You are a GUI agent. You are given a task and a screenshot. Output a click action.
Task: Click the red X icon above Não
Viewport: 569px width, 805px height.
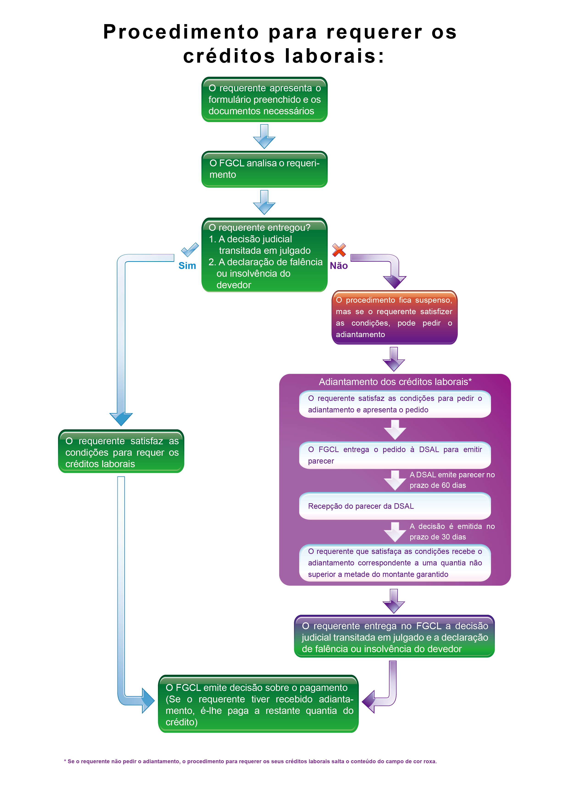(339, 250)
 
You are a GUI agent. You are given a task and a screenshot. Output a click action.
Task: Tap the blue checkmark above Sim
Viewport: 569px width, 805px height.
(190, 250)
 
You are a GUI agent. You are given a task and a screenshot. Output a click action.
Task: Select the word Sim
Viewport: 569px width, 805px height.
(187, 266)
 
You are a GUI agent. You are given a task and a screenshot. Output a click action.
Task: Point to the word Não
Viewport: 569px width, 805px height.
(339, 266)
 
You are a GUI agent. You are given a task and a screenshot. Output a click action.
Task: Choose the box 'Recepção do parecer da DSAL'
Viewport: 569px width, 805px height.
(395, 506)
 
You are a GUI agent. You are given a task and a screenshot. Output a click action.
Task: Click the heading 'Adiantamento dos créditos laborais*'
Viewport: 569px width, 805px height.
(395, 382)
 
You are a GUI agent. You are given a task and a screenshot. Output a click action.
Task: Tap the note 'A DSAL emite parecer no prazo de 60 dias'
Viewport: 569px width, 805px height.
(452, 480)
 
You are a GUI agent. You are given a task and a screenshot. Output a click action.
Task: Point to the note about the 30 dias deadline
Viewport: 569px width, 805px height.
(452, 531)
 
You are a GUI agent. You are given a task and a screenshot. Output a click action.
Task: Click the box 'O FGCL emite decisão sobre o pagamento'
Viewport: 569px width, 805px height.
(258, 704)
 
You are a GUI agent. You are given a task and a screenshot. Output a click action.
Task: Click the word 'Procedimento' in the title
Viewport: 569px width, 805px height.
(181, 32)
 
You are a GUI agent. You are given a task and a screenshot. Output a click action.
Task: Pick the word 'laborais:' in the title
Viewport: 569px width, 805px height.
(335, 56)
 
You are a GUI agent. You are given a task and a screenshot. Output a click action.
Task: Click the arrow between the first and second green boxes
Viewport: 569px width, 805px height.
(264, 136)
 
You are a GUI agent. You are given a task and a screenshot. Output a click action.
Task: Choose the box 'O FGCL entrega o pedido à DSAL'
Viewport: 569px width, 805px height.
(395, 455)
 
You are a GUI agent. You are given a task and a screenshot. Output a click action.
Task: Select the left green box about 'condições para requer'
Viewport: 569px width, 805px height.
(121, 451)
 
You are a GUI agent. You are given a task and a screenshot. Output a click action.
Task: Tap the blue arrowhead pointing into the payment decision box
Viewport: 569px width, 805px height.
(148, 701)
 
